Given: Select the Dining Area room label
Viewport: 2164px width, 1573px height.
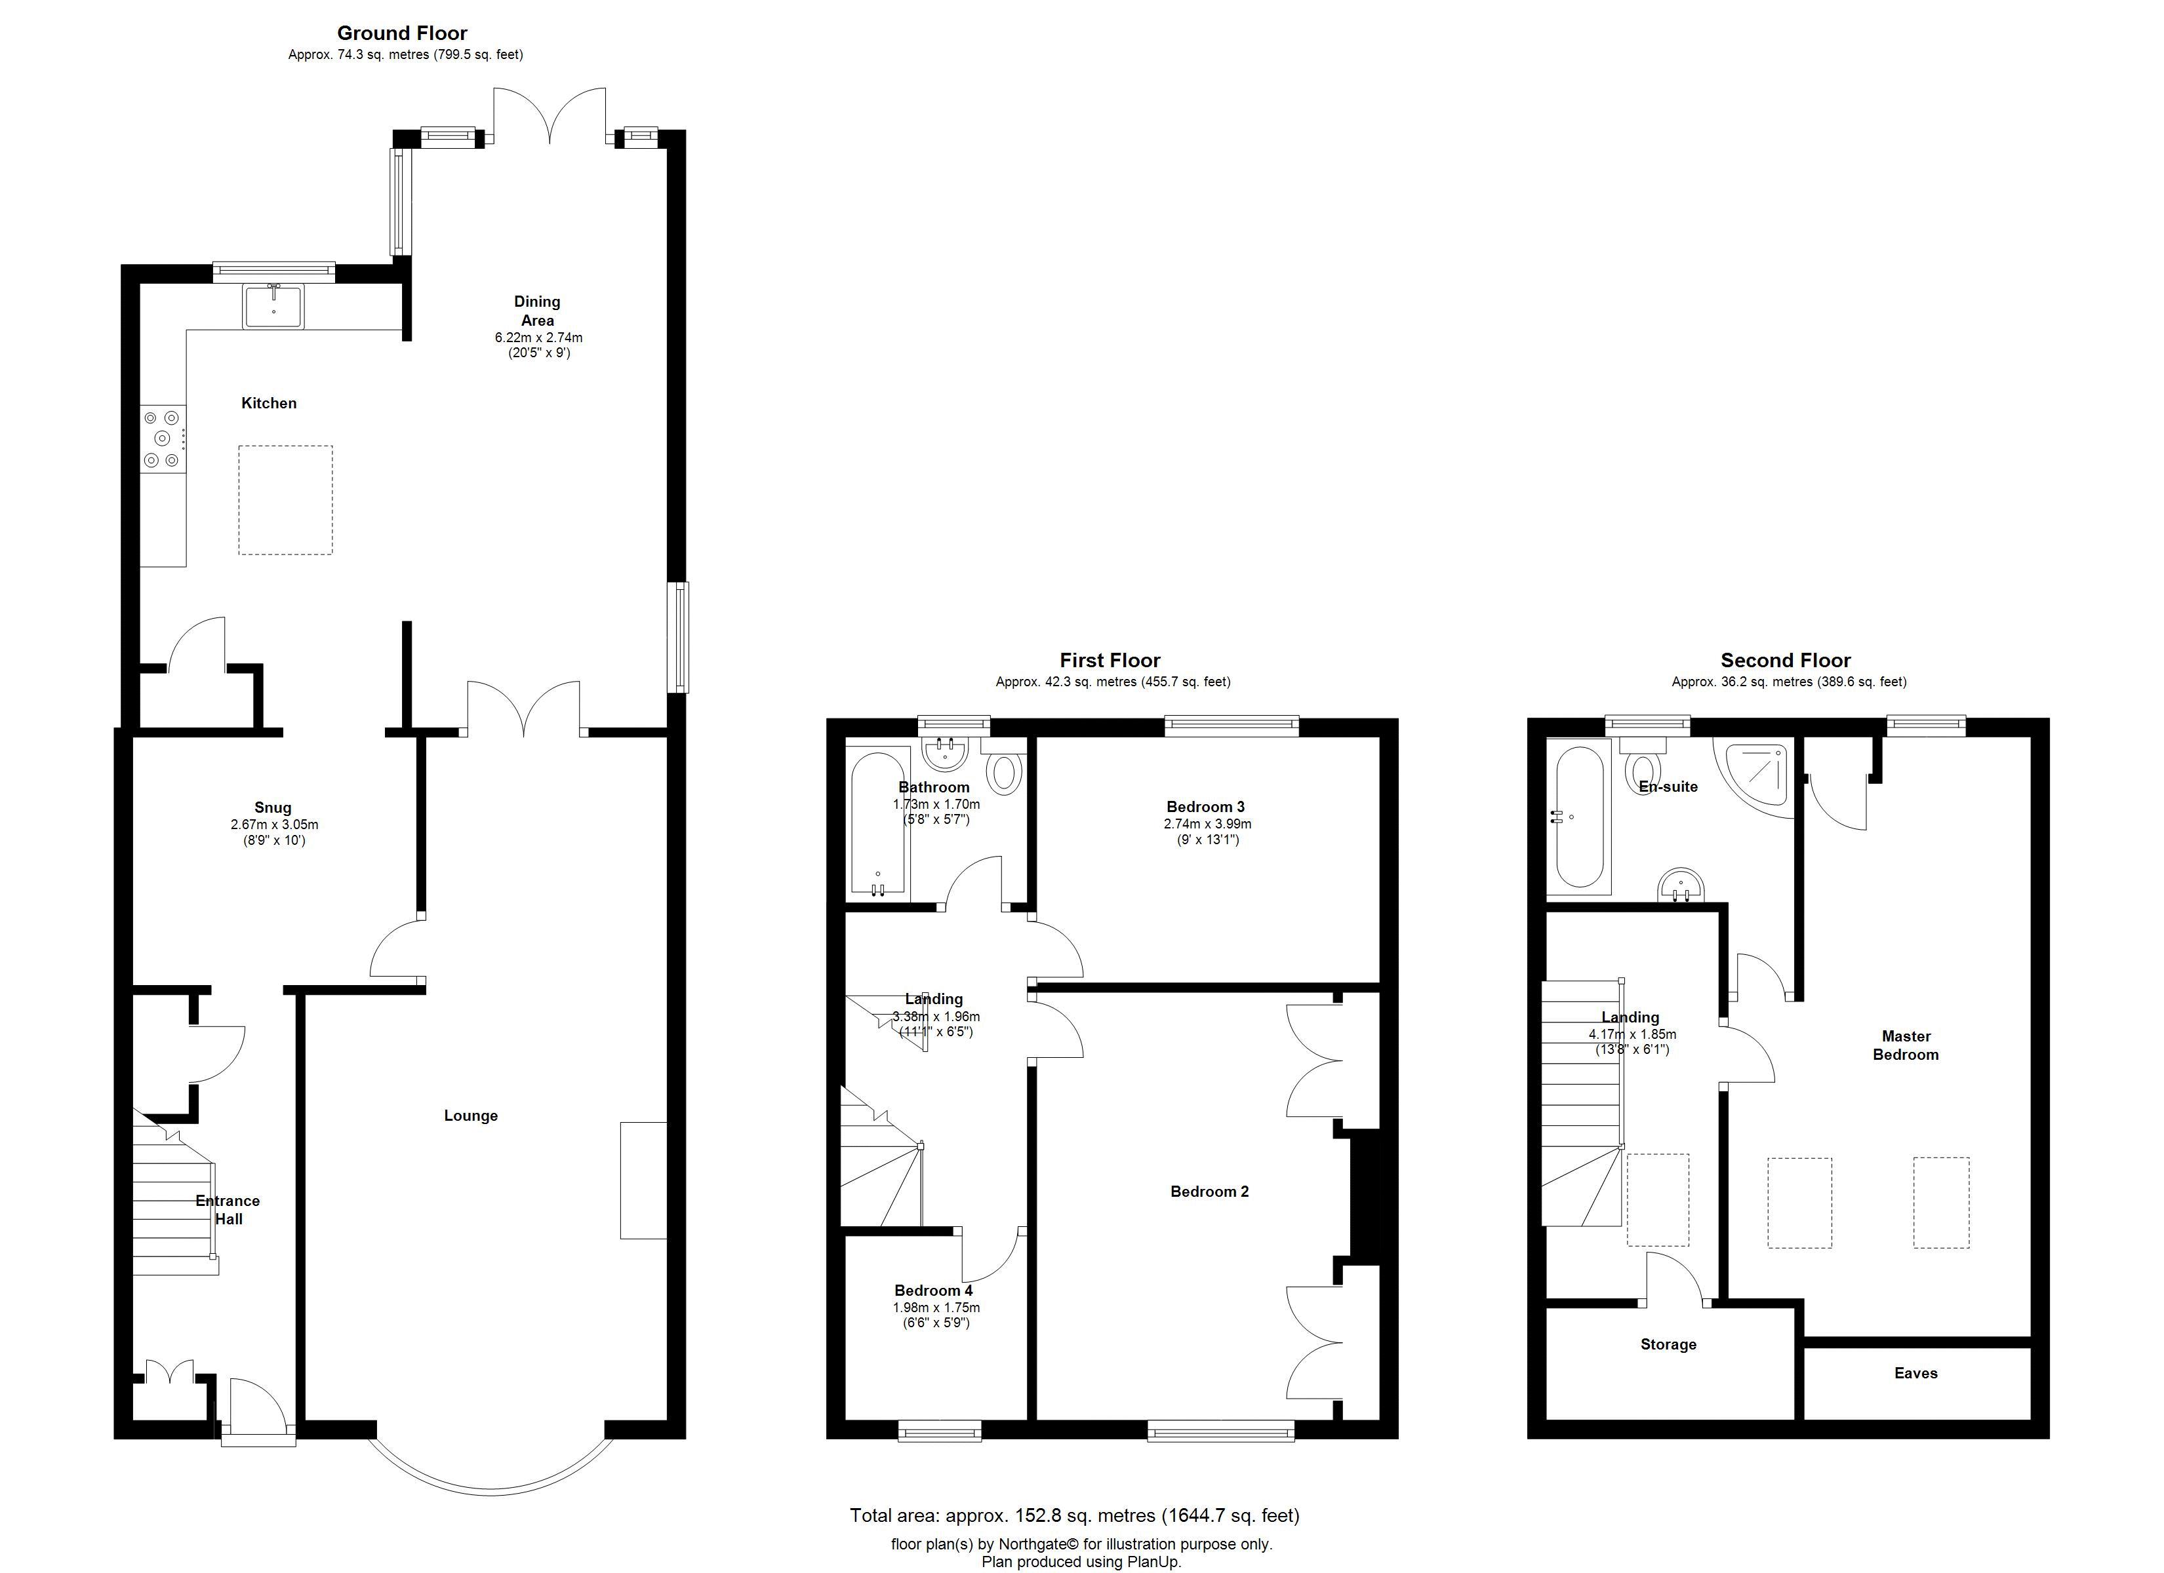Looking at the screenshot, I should [x=537, y=311].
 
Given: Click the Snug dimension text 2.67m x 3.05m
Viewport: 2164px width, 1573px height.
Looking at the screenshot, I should [x=274, y=824].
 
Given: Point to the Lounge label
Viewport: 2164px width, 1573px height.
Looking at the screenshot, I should [x=470, y=1115].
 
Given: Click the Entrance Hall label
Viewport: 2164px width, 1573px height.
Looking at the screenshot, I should [x=228, y=1209].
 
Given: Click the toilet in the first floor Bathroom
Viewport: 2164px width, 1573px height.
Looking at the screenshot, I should [x=1004, y=773].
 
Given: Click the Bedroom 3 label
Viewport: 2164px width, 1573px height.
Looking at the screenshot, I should [x=1205, y=807].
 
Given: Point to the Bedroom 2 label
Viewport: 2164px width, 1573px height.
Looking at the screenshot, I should [x=1209, y=1192].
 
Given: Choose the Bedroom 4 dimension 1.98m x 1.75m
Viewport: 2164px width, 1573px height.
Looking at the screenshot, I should [x=936, y=1308].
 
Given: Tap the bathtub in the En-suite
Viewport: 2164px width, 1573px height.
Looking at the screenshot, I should [x=1579, y=817].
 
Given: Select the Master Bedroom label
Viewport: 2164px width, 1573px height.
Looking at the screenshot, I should [x=1906, y=1045].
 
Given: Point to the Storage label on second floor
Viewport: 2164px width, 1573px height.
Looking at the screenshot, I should [x=1668, y=1344].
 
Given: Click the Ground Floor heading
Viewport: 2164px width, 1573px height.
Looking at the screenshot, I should [x=402, y=33].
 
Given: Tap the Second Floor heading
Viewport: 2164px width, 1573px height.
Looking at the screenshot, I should [x=1785, y=660].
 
